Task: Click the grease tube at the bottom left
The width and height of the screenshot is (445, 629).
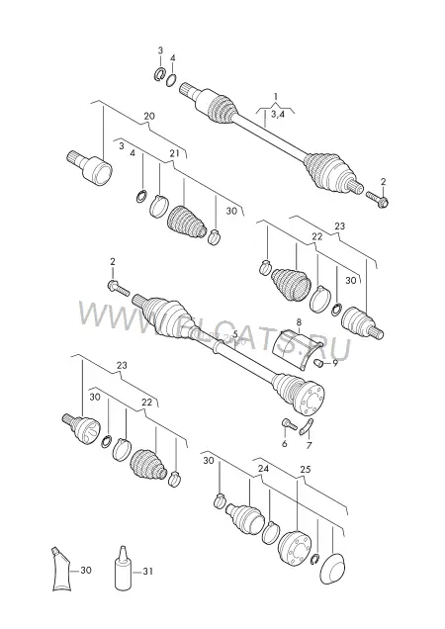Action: pyautogui.click(x=60, y=569)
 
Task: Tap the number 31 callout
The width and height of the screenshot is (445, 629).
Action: pyautogui.click(x=147, y=571)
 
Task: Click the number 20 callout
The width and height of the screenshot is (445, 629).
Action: pyautogui.click(x=149, y=117)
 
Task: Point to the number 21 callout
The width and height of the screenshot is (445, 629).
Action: pyautogui.click(x=174, y=153)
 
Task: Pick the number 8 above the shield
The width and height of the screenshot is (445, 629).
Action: pyautogui.click(x=299, y=322)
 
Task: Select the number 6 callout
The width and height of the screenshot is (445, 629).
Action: pyautogui.click(x=285, y=444)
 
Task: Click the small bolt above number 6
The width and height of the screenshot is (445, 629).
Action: pyautogui.click(x=289, y=424)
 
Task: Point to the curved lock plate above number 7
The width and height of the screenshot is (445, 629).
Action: pyautogui.click(x=307, y=426)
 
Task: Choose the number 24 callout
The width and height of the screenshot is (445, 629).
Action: pyautogui.click(x=263, y=469)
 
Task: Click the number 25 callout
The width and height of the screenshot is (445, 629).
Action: pyautogui.click(x=306, y=470)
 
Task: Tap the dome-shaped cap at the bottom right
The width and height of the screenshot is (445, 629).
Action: pyautogui.click(x=334, y=570)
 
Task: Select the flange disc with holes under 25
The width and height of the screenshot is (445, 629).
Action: pyautogui.click(x=295, y=548)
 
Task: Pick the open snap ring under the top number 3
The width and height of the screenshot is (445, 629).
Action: pyautogui.click(x=160, y=74)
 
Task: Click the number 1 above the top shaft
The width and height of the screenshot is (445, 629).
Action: pyautogui.click(x=276, y=96)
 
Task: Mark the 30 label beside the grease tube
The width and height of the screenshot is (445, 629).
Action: pyautogui.click(x=86, y=570)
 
